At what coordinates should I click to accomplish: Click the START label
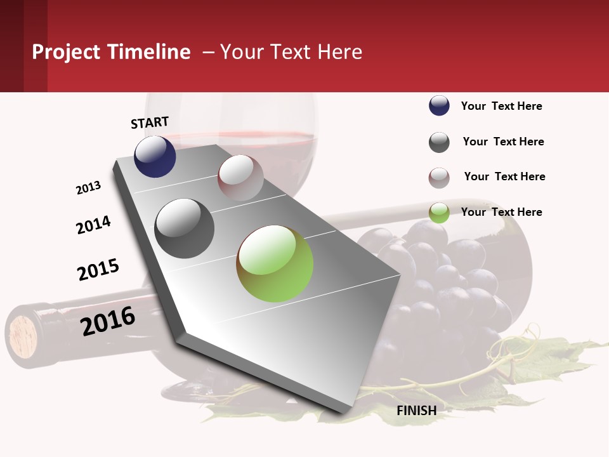pos(150,123)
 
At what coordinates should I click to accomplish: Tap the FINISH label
pos(417,411)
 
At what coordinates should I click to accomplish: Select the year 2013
pos(88,188)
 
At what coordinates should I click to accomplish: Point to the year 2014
pos(93,225)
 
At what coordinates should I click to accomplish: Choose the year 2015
pos(98,269)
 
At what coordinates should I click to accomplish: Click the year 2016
pos(108,321)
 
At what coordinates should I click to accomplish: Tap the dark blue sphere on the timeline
pos(155,156)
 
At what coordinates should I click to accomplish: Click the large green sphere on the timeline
pos(275,263)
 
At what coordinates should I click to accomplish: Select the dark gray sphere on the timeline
pos(185,228)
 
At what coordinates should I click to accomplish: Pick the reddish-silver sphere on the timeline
pos(240,178)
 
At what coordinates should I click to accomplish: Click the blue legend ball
pos(439,105)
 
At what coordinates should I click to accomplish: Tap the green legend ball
pos(439,213)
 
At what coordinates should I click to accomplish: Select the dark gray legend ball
pos(439,142)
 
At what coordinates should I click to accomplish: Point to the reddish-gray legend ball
pos(439,178)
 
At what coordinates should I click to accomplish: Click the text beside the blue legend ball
pos(501,106)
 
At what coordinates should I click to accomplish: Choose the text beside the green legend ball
pos(501,212)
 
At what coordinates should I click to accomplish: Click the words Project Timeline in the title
pos(111,52)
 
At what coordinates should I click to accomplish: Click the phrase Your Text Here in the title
pos(291,52)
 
